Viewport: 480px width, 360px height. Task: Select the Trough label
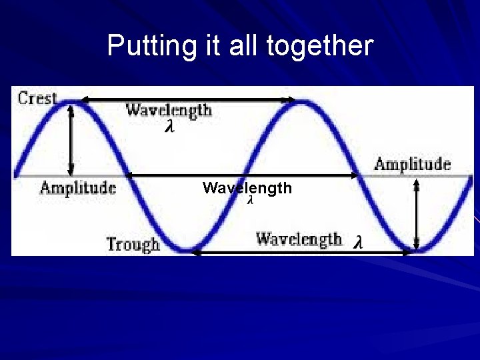pyautogui.click(x=133, y=244)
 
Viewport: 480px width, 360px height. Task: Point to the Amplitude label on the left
pyautogui.click(x=77, y=187)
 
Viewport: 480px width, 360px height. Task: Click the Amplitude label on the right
pyautogui.click(x=412, y=164)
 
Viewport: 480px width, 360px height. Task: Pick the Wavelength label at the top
pyautogui.click(x=169, y=109)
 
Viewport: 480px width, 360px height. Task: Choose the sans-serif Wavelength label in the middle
pyautogui.click(x=247, y=188)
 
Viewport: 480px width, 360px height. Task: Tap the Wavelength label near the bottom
pyautogui.click(x=299, y=239)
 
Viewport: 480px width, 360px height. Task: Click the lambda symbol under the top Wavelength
pyautogui.click(x=169, y=127)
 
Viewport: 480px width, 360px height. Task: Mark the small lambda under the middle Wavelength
pyautogui.click(x=250, y=200)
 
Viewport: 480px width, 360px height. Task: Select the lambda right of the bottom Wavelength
pyautogui.click(x=358, y=242)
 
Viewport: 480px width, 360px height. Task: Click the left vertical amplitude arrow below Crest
pyautogui.click(x=71, y=139)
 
